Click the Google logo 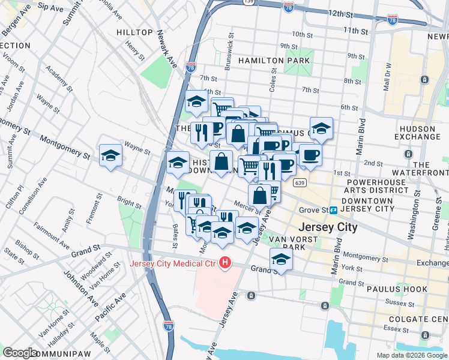pyautogui.click(x=20, y=353)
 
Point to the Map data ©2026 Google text pyautogui.click(x=412, y=355)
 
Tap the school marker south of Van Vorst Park pyautogui.click(x=280, y=260)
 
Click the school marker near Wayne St pyautogui.click(x=111, y=156)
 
